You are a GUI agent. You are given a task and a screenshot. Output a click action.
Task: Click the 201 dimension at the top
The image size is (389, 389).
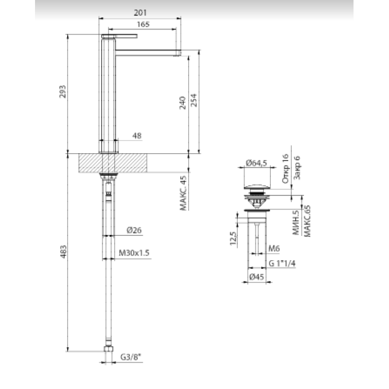click(140, 13)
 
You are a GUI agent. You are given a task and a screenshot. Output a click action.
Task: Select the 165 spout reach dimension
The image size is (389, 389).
click(143, 24)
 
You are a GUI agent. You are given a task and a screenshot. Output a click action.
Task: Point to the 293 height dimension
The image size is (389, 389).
click(63, 91)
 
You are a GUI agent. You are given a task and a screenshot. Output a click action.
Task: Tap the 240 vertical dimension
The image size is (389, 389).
click(183, 103)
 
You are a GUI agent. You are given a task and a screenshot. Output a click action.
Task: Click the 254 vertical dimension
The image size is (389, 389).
click(194, 100)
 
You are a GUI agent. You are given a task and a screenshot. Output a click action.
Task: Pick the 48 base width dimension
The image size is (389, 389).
click(137, 136)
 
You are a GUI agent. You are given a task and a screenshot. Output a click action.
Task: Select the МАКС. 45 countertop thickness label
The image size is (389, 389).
click(184, 194)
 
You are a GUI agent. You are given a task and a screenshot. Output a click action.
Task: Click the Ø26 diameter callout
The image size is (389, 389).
click(134, 230)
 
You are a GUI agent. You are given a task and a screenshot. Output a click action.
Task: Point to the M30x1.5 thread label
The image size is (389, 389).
click(134, 253)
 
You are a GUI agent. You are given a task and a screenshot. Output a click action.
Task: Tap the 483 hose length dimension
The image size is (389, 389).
click(64, 251)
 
